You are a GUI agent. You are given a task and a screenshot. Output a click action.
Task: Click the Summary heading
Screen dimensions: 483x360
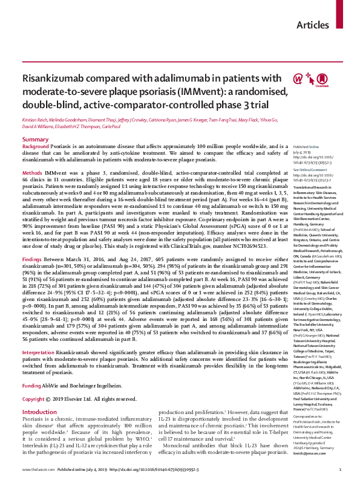(34, 140)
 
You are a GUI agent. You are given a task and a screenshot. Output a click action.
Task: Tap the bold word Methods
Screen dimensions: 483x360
(32, 173)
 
